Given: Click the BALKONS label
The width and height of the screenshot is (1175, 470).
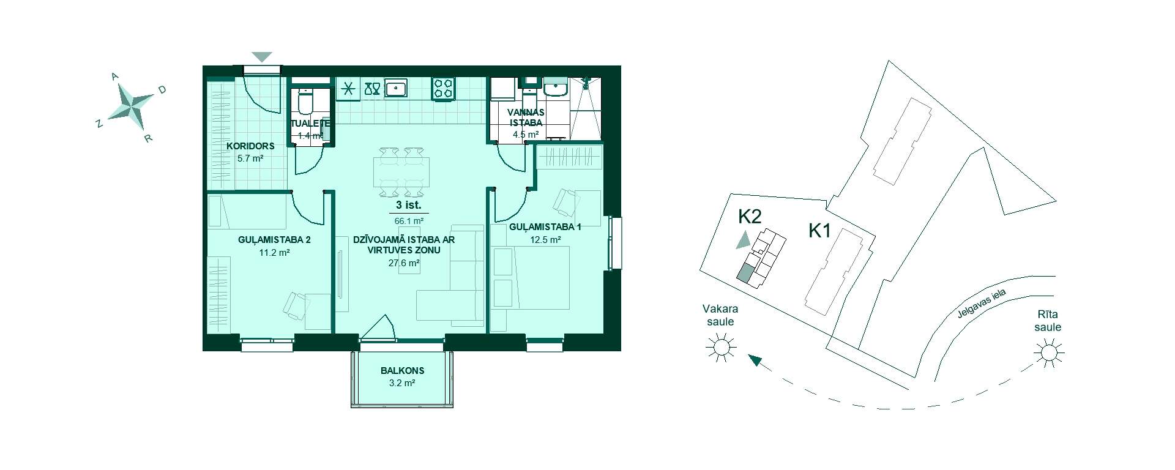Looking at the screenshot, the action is (x=402, y=370).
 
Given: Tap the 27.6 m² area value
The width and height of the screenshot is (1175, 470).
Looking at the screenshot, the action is (x=404, y=263).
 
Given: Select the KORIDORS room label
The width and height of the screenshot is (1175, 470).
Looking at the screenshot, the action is (x=250, y=146).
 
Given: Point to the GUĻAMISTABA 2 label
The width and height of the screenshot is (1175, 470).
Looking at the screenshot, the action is (x=274, y=240).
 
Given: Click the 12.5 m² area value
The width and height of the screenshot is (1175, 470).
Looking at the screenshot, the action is (x=545, y=240).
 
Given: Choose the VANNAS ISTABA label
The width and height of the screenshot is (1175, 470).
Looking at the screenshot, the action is (x=526, y=117).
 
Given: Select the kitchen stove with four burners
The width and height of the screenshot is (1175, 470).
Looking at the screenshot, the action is (x=444, y=88).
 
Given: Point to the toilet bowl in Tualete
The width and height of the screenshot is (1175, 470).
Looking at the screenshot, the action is (x=305, y=102).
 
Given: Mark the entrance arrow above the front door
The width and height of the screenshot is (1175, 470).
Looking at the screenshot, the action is (x=262, y=57).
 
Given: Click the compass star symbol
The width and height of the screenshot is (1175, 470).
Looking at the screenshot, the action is (x=131, y=102).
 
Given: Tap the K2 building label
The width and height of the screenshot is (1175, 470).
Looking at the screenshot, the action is (x=750, y=217).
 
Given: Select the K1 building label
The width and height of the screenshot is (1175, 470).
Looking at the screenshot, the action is (x=819, y=231).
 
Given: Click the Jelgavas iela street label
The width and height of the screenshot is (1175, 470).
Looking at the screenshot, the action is (x=982, y=305).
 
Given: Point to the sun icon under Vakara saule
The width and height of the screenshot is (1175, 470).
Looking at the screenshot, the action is (x=719, y=347).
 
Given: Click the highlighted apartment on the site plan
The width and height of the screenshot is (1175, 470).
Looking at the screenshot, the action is (x=745, y=274).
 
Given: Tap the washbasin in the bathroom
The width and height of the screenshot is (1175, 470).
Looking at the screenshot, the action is (x=556, y=89).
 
